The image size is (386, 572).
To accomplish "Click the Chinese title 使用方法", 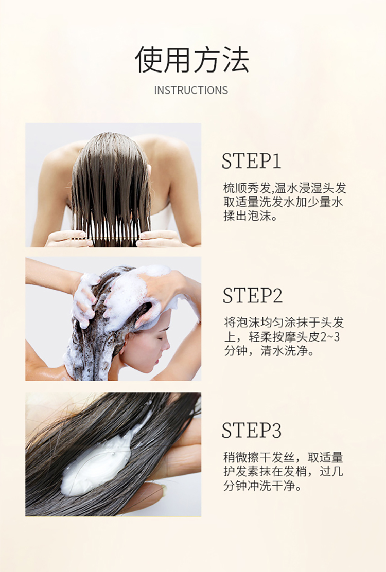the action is pyautogui.click(x=192, y=60).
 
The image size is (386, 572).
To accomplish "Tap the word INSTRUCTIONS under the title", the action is pyautogui.click(x=191, y=90).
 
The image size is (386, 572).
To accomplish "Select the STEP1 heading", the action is pyautogui.click(x=251, y=161).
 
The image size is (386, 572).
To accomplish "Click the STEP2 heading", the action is pyautogui.click(x=252, y=295).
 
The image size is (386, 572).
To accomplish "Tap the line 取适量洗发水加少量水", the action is pyautogui.click(x=283, y=202).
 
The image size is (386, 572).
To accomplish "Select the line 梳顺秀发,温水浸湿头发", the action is pyautogui.click(x=285, y=188).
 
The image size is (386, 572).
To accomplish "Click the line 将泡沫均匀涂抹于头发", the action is pyautogui.click(x=284, y=323).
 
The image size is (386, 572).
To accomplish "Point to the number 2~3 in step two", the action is pyautogui.click(x=330, y=337).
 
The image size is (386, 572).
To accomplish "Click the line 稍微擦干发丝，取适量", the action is pyautogui.click(x=283, y=457).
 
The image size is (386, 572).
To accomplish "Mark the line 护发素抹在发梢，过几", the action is pyautogui.click(x=283, y=471).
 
